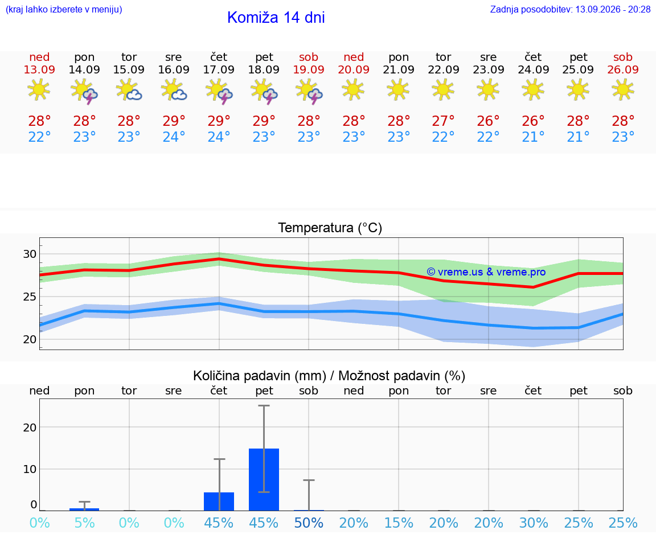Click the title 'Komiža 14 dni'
[x=276, y=17]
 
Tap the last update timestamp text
[x=570, y=9]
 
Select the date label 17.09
[x=219, y=69]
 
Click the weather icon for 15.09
[x=129, y=91]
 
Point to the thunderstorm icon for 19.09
[x=309, y=91]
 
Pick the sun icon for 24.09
[x=533, y=89]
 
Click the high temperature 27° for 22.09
[x=443, y=121]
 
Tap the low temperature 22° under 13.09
[x=39, y=137]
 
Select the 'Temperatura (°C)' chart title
[x=330, y=228]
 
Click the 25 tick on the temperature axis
[x=30, y=297]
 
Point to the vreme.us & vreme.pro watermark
[x=486, y=272]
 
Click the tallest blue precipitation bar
[x=264, y=479]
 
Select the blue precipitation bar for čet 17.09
[x=219, y=501]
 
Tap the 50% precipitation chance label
[x=309, y=523]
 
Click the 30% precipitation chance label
[x=534, y=523]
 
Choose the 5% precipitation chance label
[x=84, y=523]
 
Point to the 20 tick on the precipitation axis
[x=30, y=427]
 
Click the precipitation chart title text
[x=329, y=376]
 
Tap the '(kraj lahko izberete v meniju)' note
[x=64, y=9]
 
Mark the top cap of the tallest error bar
[x=264, y=406]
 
